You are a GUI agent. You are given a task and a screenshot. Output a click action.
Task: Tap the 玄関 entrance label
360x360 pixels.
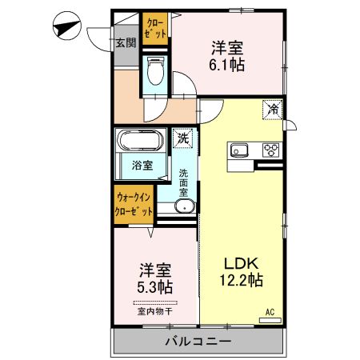point(126,42)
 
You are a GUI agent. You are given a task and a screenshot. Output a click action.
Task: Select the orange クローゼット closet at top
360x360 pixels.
point(156,30)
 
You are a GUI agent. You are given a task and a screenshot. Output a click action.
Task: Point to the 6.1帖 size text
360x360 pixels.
point(227,65)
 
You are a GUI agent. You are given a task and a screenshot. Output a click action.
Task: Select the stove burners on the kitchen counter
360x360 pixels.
point(270,150)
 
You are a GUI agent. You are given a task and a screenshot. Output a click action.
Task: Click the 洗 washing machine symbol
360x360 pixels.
point(182,138)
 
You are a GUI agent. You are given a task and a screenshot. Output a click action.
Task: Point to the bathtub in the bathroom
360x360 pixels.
point(141,142)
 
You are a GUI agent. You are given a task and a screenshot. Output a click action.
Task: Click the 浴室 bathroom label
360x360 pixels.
point(142,166)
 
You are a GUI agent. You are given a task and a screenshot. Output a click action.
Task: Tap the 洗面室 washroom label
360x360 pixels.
point(183,183)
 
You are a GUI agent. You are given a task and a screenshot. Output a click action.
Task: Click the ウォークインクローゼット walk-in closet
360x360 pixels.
point(132,204)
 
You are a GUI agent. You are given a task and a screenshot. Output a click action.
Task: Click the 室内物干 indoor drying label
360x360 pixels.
point(155,311)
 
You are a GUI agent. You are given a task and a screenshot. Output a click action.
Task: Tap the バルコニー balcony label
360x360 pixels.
point(198,342)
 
